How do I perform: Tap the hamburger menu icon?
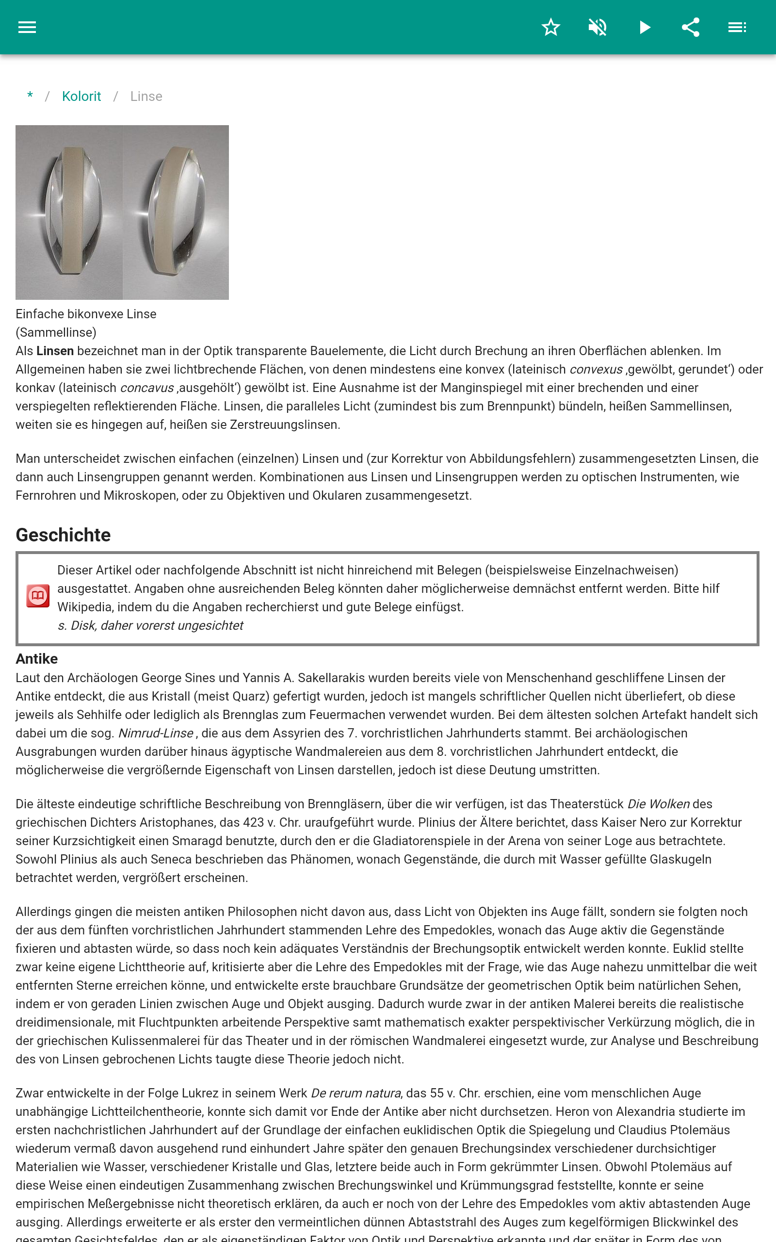27,27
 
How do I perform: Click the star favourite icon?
550,27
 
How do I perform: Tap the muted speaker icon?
598,27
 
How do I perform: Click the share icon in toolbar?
691,27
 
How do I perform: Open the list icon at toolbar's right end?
737,27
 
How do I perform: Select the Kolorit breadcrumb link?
81,97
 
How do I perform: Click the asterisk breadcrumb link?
30,96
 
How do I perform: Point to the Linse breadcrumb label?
146,97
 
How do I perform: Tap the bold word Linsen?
55,351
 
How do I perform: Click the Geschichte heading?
63,535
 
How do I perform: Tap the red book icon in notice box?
38,596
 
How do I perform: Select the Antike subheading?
36,659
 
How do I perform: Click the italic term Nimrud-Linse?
156,734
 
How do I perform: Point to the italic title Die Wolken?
659,804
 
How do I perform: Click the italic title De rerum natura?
356,1093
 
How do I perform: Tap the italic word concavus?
147,388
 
